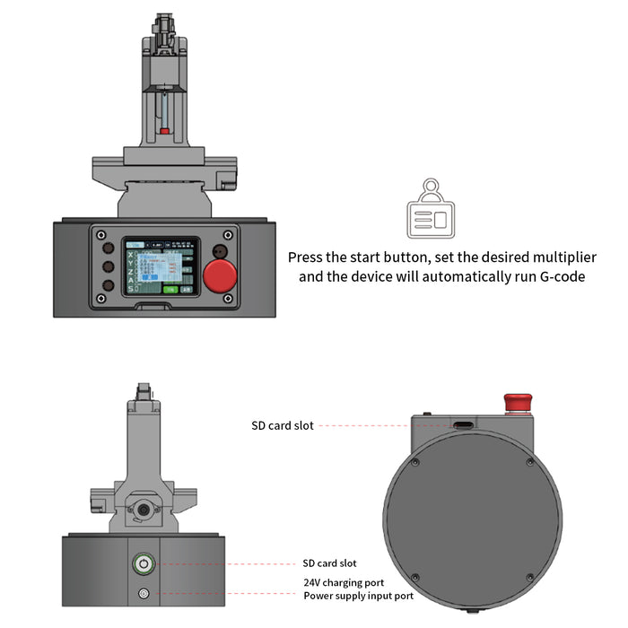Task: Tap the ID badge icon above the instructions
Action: click(431, 212)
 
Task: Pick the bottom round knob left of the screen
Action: click(107, 286)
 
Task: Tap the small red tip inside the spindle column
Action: click(164, 131)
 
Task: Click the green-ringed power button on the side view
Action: click(143, 563)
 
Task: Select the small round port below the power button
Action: click(143, 592)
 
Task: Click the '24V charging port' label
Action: click(345, 582)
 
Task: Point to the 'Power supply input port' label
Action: click(358, 595)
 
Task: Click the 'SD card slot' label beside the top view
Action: click(283, 425)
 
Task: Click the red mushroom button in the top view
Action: click(515, 401)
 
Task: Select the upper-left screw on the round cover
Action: click(415, 463)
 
